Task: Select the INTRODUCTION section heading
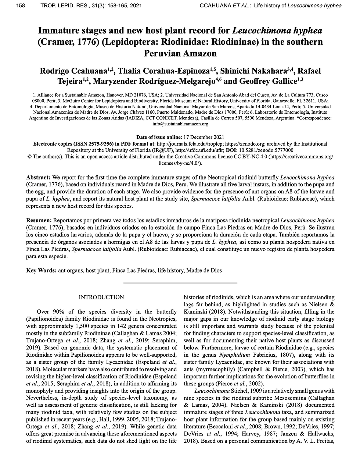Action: [101, 297]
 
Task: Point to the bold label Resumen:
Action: [39, 220]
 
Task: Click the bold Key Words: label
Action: [41, 270]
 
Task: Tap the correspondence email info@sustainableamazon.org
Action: [180, 124]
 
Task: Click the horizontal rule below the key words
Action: [180, 283]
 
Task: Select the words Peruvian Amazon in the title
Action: [180, 53]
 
